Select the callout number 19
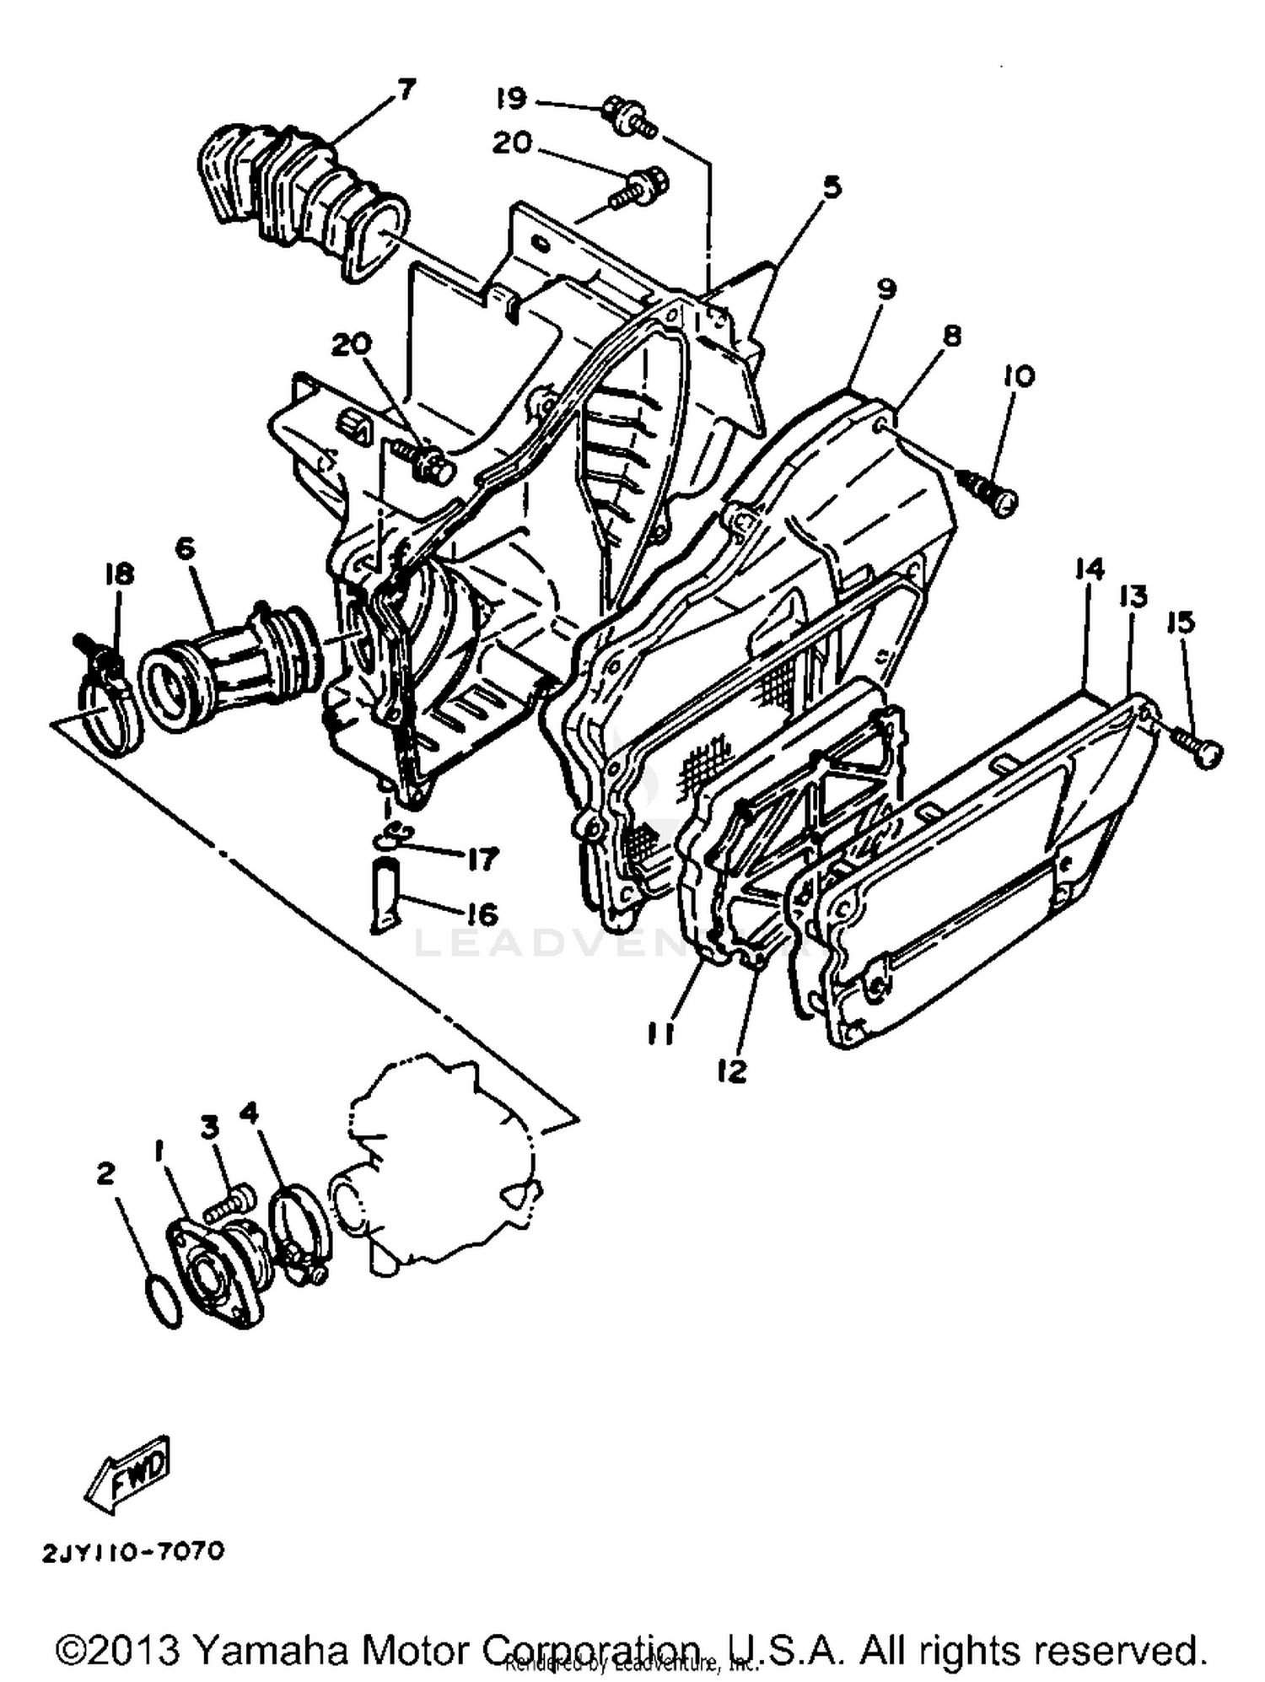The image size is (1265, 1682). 510,99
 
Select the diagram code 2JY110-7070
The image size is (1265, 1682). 133,1550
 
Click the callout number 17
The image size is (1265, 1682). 482,860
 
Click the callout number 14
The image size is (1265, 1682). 1089,569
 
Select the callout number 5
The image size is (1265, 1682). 832,186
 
